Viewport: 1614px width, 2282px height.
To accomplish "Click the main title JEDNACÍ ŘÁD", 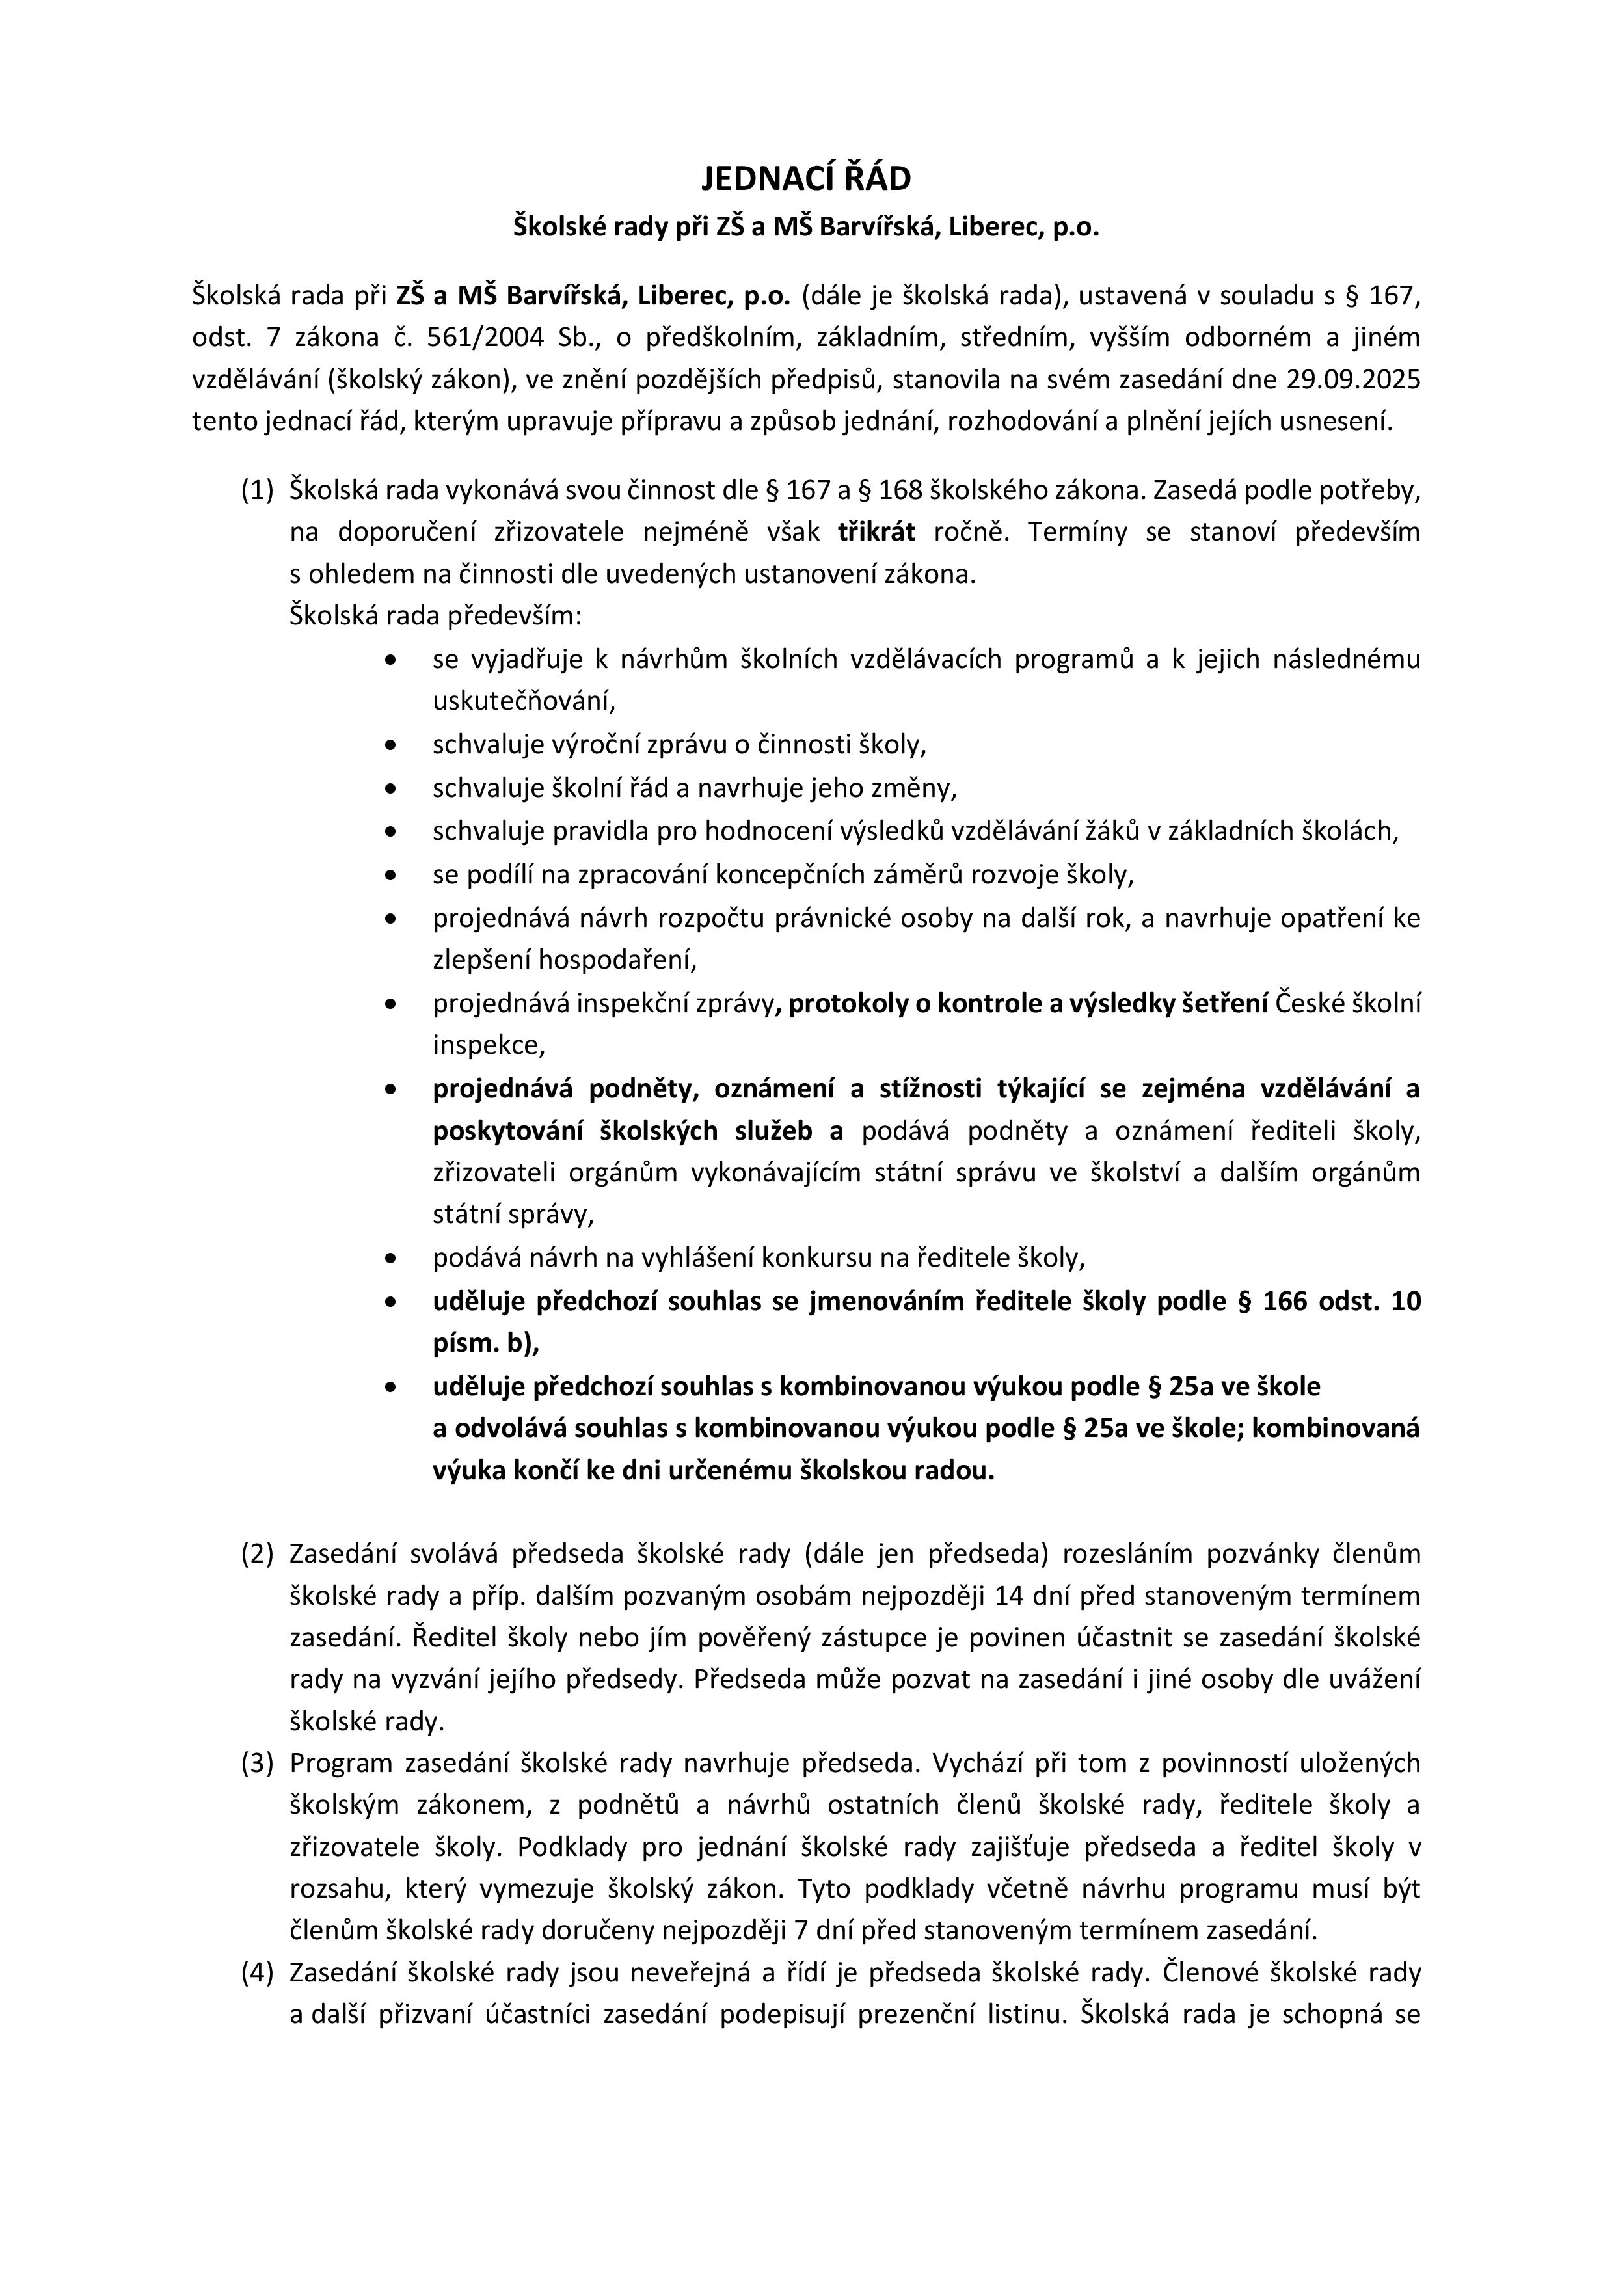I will (806, 179).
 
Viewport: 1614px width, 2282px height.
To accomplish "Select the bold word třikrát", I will (876, 531).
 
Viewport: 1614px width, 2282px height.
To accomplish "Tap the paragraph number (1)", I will (256, 490).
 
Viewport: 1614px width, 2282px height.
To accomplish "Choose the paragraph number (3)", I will (256, 1763).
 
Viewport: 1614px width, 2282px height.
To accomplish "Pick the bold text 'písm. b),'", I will (485, 1343).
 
